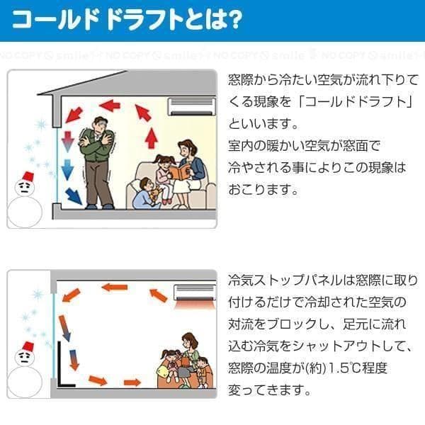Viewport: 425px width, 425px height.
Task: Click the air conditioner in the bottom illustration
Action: point(193,292)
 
